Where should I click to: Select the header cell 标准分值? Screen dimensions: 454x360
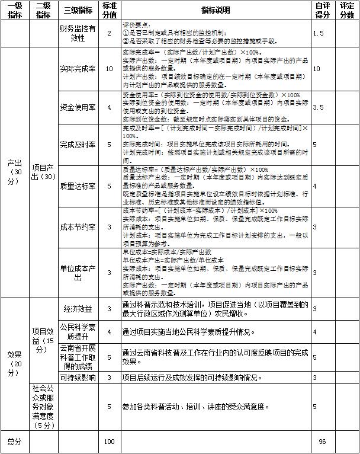coord(109,11)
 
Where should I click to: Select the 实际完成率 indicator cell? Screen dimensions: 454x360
coord(78,69)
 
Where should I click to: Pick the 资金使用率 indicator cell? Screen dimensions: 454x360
coord(78,107)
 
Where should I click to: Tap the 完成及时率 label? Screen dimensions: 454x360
coord(78,144)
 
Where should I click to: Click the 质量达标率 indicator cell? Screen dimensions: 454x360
coord(78,186)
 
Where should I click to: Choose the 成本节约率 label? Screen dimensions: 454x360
coord(78,227)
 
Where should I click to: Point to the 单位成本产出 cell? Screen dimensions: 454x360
coord(78,272)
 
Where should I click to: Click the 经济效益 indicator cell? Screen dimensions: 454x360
coord(78,309)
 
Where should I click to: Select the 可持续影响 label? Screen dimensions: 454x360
coord(78,377)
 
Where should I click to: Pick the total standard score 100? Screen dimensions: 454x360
coord(109,442)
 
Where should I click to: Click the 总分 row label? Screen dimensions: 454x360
coord(14,442)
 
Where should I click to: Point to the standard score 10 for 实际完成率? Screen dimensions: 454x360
coord(109,69)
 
